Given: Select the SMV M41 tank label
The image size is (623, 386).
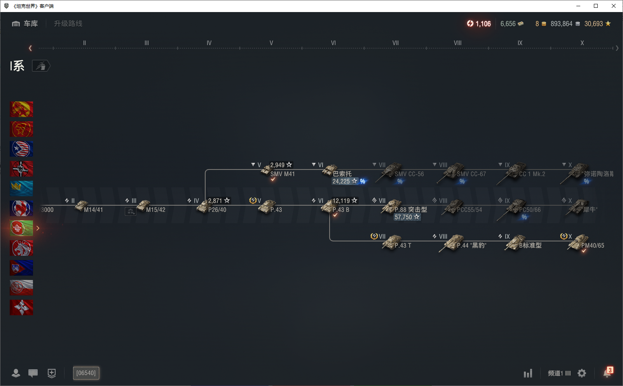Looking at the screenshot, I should point(283,174).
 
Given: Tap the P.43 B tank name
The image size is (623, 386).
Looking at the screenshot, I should point(341,210).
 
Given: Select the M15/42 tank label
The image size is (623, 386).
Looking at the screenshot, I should point(155,210).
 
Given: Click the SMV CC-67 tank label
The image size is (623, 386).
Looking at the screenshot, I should point(471,174).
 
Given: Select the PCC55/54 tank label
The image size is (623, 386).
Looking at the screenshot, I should point(469,210).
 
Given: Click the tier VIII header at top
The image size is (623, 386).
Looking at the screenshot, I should point(457,43).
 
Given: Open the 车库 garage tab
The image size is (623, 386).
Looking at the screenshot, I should point(25,24).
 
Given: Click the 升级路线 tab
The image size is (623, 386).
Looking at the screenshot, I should point(68,24).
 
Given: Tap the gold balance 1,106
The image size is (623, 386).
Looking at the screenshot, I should point(479,24).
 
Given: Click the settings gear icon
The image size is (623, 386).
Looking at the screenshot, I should point(582,373).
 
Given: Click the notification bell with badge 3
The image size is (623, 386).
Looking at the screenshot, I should point(607,373).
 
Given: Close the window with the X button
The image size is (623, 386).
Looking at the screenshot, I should point(614,6).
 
